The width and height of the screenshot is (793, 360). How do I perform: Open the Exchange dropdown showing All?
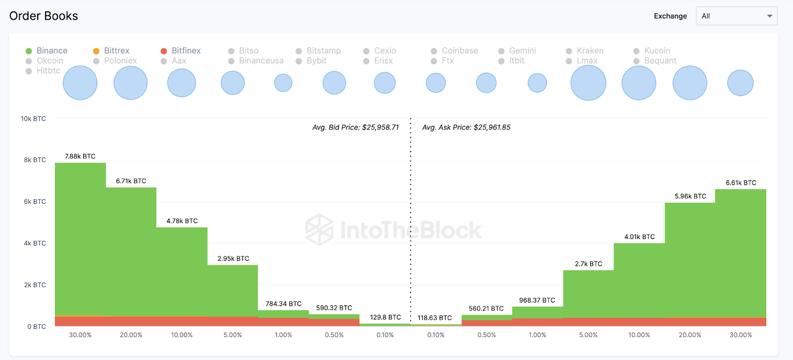click(736, 16)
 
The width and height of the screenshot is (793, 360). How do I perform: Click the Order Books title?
click(44, 16)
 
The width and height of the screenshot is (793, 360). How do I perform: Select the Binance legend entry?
click(47, 51)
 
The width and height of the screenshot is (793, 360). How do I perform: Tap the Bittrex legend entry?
click(112, 51)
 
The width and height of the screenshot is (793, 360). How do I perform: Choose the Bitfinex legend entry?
click(181, 51)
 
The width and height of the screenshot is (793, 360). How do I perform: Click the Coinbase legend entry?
click(454, 51)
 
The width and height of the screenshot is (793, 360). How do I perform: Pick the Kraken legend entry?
click(585, 51)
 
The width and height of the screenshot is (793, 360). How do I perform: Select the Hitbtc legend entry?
click(43, 70)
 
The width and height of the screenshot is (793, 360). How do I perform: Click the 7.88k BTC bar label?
click(80, 156)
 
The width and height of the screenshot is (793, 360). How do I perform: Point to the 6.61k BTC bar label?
click(741, 183)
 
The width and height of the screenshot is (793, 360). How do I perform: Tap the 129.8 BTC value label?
click(386, 317)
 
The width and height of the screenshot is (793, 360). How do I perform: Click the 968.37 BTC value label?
click(537, 300)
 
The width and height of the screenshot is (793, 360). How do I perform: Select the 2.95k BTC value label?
click(233, 259)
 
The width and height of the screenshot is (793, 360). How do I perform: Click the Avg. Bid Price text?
click(355, 127)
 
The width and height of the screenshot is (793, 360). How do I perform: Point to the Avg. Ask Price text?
click(466, 127)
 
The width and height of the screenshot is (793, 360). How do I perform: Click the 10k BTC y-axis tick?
click(33, 119)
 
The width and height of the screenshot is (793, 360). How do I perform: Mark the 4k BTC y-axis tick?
click(35, 243)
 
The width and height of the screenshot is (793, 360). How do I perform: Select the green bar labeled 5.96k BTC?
click(690, 258)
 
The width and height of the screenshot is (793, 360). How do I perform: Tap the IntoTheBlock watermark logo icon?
click(319, 230)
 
